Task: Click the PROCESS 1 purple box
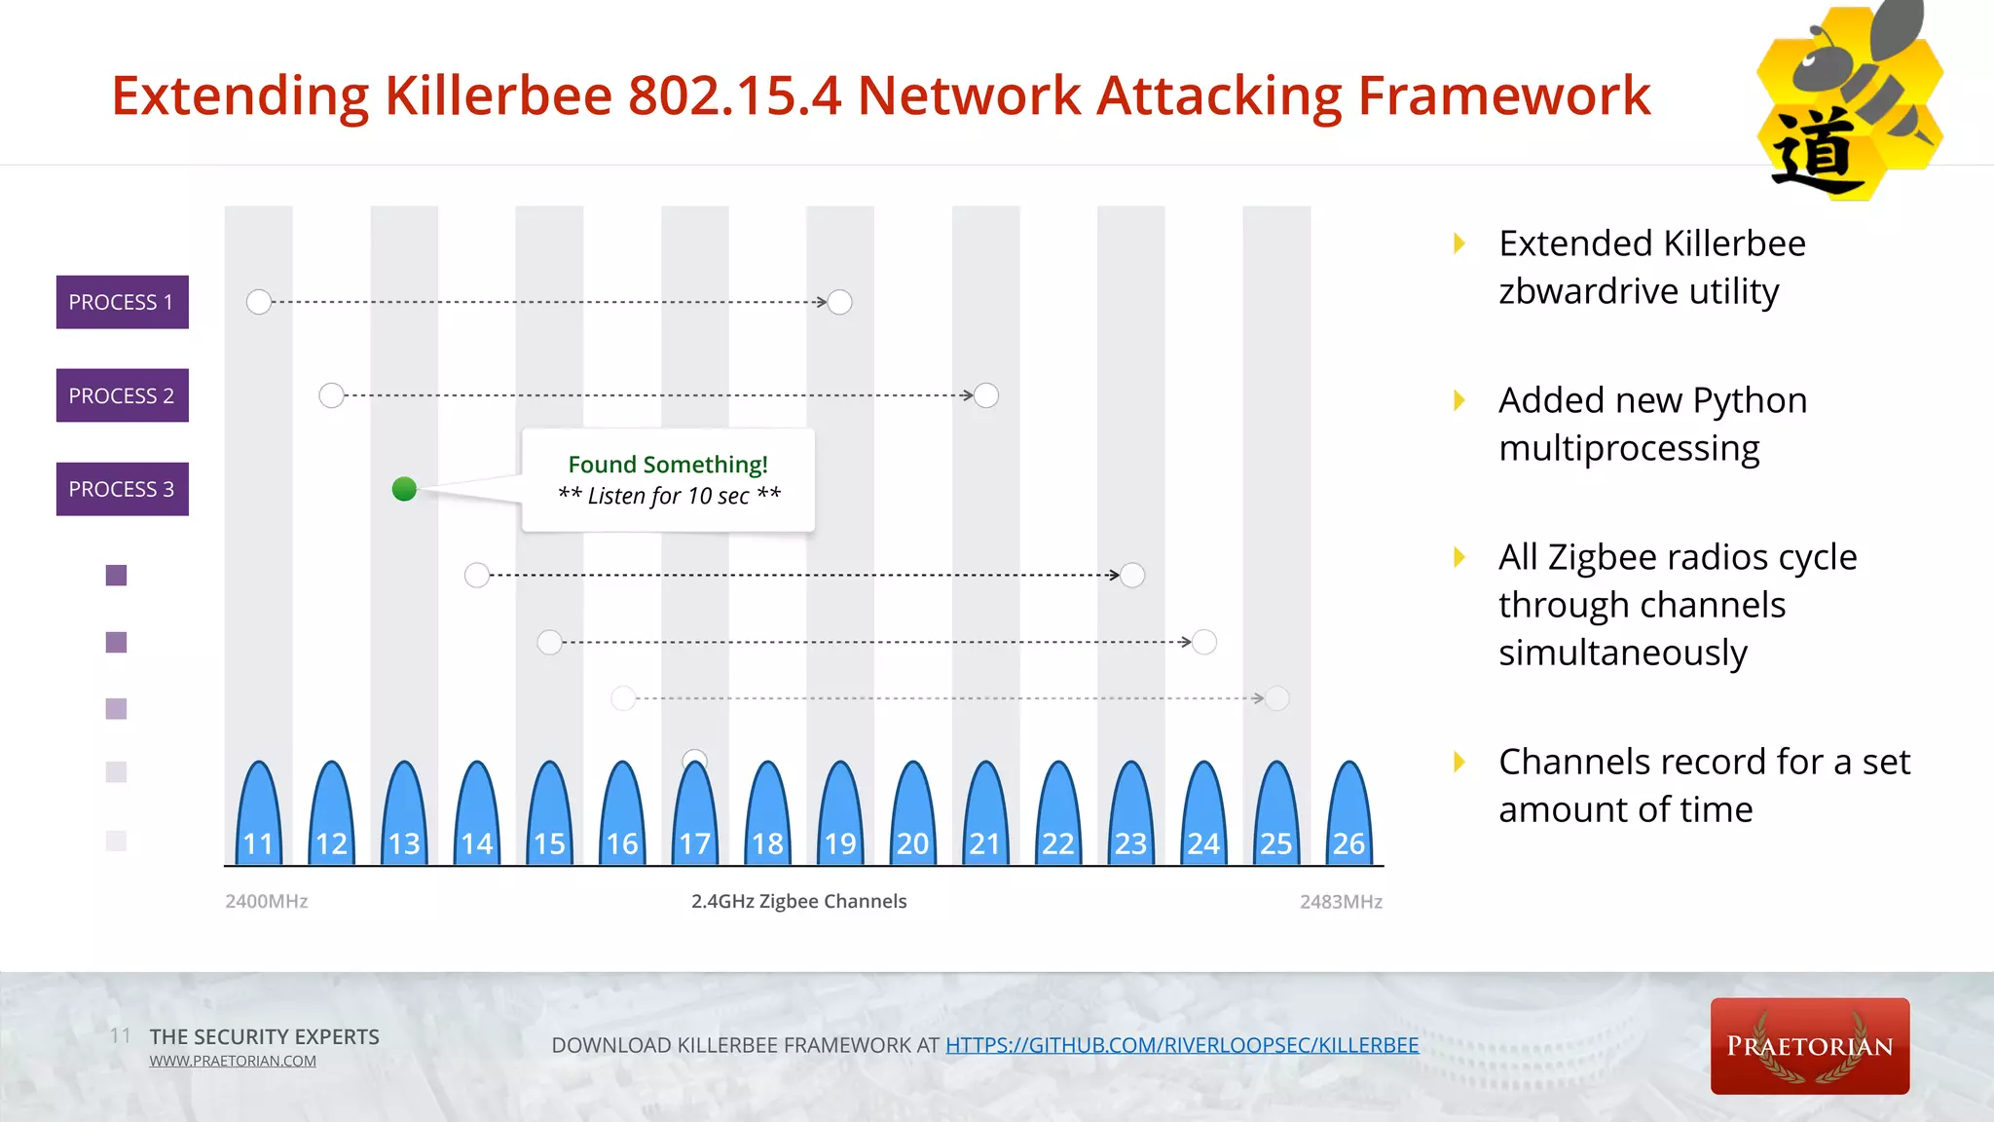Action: tap(122, 302)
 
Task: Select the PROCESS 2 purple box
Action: tap(122, 395)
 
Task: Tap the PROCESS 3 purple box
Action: tap(122, 489)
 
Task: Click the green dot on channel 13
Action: tap(404, 489)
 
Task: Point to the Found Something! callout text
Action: tap(668, 466)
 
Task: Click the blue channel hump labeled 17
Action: tap(695, 818)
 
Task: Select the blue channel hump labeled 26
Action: tap(1348, 818)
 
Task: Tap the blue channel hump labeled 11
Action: tap(258, 818)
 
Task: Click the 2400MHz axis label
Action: tap(266, 902)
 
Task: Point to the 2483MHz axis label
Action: tap(1341, 902)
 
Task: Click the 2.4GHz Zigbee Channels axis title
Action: tap(798, 902)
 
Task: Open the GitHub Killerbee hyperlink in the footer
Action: tap(1181, 1045)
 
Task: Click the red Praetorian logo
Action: tap(1809, 1046)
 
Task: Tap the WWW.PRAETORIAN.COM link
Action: tap(233, 1061)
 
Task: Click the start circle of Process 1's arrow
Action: tap(259, 302)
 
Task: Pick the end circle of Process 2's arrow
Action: tap(986, 395)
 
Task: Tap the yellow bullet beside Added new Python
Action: tap(1459, 400)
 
